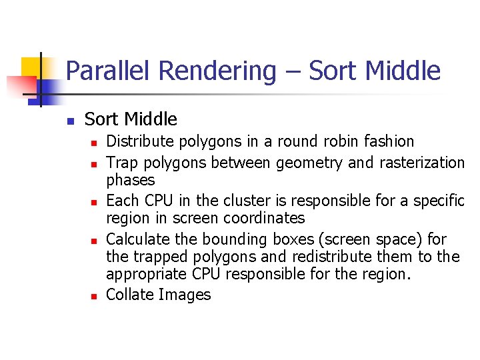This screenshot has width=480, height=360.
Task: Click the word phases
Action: (x=131, y=181)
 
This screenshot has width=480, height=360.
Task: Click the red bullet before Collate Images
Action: (x=96, y=296)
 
